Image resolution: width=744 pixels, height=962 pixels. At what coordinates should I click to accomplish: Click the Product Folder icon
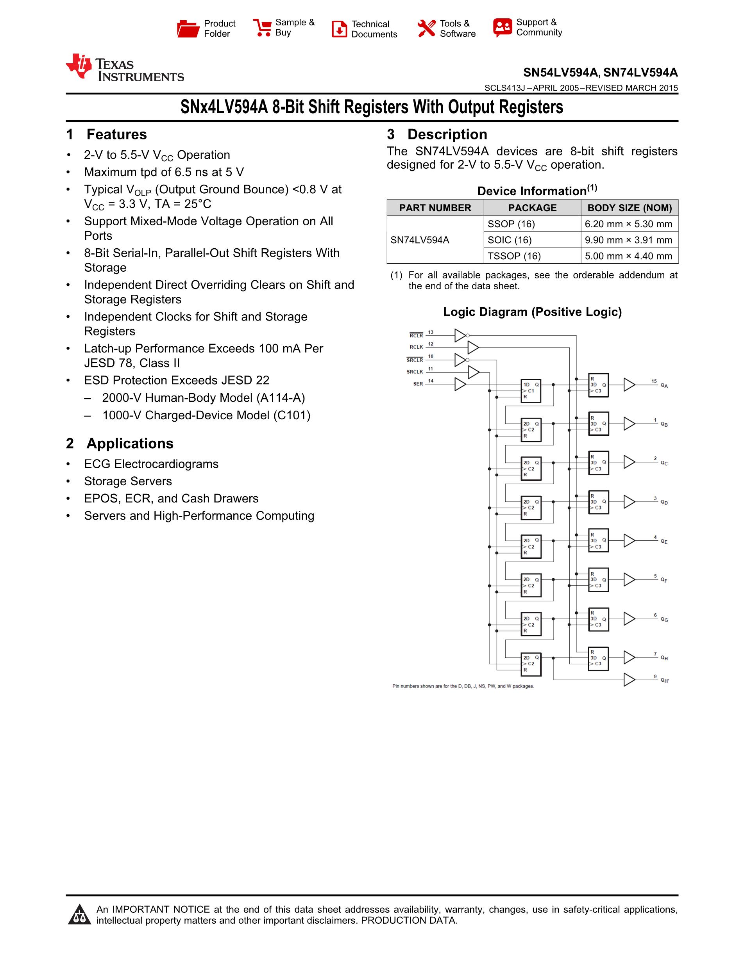pos(188,29)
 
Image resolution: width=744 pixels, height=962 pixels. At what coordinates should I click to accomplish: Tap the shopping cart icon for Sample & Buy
pos(262,28)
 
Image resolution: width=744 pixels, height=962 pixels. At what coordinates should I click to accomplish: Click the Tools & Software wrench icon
pos(426,29)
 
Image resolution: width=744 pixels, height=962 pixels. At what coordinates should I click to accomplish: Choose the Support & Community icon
pos(503,28)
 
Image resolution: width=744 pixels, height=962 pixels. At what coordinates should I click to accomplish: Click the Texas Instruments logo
pos(125,68)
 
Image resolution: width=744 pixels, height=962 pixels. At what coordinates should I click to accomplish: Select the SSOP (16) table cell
pos(511,224)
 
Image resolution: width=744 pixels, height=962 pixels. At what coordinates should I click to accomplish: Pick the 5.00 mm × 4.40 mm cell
pos(628,256)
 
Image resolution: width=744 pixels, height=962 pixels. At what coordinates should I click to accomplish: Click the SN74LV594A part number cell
pos(420,240)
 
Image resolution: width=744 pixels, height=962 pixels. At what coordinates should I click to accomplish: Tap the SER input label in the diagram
pos(418,384)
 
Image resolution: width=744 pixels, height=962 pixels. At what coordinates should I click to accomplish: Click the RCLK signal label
pos(416,347)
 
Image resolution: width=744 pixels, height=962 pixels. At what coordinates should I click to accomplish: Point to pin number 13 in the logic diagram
pos(431,333)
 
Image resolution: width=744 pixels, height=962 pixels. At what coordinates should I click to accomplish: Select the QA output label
pos(664,386)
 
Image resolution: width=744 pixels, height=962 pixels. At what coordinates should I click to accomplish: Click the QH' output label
pos(664,681)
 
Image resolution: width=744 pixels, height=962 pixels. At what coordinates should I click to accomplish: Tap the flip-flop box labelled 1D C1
pos(531,391)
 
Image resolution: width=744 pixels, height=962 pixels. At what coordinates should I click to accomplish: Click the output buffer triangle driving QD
pos(629,502)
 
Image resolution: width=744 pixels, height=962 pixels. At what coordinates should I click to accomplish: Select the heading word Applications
pos(130,443)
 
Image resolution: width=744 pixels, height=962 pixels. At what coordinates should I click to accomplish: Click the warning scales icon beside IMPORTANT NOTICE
pos(79,915)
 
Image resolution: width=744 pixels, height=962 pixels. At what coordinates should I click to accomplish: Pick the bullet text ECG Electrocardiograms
pos(151,464)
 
